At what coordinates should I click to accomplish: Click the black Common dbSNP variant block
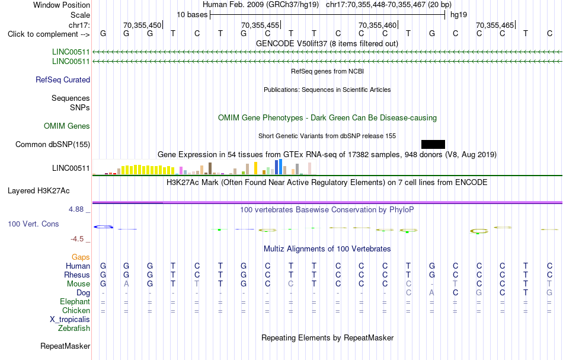tap(433, 145)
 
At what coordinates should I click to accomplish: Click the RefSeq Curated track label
tap(63, 79)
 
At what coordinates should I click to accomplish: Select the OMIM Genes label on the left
tap(67, 126)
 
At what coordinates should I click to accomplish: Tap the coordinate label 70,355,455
tap(260, 25)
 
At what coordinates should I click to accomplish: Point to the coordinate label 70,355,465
tap(495, 25)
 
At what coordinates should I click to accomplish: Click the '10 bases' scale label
tap(192, 15)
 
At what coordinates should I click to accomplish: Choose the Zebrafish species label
tap(74, 329)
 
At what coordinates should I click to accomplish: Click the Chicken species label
tap(76, 310)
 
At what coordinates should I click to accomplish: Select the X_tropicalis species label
tap(70, 320)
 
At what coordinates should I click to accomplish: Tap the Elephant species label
tap(75, 301)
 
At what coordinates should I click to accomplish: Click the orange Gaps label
tap(81, 257)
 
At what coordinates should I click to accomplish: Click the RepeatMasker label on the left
tap(65, 346)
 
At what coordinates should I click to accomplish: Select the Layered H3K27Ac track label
tap(39, 191)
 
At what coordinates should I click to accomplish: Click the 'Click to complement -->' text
tap(49, 34)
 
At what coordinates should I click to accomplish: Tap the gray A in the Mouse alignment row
tap(126, 284)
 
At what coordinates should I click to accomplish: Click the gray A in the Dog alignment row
tap(431, 293)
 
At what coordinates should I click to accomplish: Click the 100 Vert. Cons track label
tap(33, 224)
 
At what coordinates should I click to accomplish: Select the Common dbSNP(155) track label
tap(53, 145)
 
